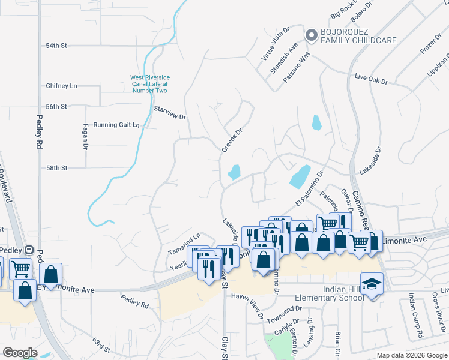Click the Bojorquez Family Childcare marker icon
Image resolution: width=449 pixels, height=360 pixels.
tap(312, 36)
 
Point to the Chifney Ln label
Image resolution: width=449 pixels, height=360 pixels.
tap(62, 86)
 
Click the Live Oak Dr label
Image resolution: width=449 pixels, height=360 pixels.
tap(372, 79)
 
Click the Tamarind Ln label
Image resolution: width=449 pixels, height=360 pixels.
tap(184, 239)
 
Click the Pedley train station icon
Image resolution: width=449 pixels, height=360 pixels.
tap(28, 250)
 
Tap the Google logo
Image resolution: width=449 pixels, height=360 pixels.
tap(21, 353)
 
